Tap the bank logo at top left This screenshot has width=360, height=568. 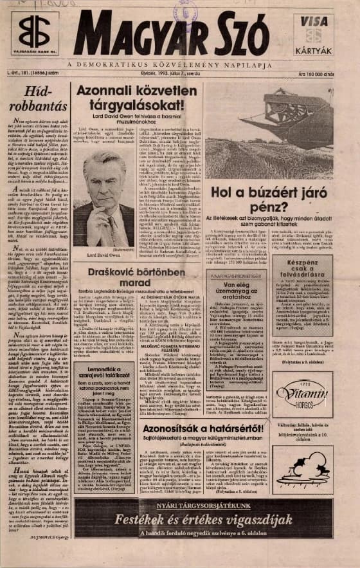coord(34,32)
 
